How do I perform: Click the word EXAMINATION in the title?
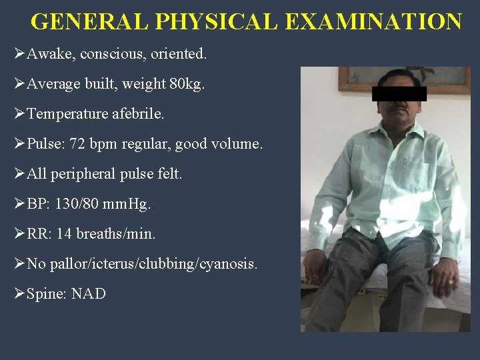point(373,22)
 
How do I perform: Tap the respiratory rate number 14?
point(65,234)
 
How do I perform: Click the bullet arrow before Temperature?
point(19,114)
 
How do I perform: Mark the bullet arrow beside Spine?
point(19,294)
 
